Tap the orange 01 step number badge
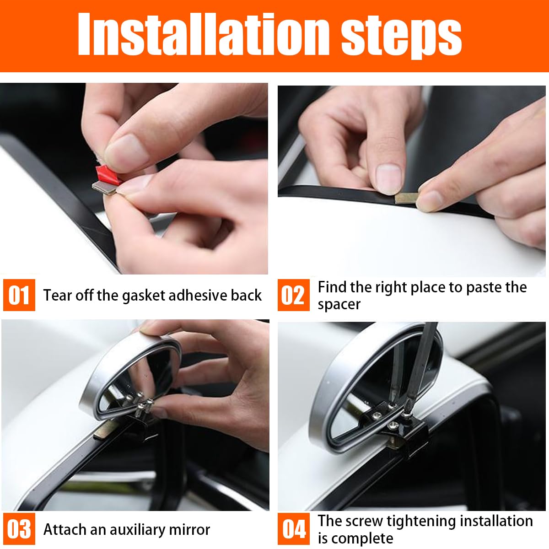pyautogui.click(x=19, y=295)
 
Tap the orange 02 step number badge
pyautogui.click(x=293, y=295)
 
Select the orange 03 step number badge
pyautogui.click(x=19, y=529)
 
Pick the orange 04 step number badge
pyautogui.click(x=293, y=529)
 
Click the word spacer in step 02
pyautogui.click(x=339, y=304)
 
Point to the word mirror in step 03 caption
pyautogui.click(x=189, y=530)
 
